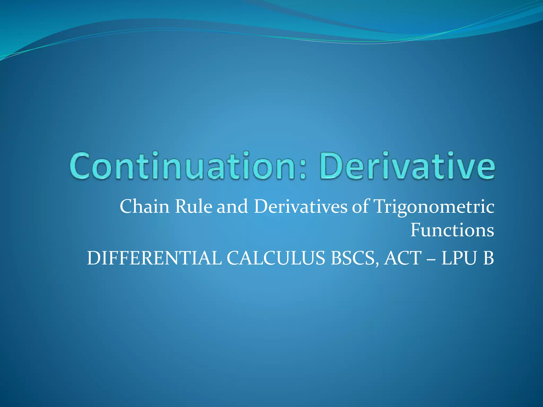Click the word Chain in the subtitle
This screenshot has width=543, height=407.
(144, 206)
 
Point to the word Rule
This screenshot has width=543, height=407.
(194, 206)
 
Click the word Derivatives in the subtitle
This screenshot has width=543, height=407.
(300, 206)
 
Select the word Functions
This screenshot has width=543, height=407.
(452, 230)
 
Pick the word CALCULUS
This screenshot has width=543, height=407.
(276, 258)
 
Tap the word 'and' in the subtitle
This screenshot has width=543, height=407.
(232, 206)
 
